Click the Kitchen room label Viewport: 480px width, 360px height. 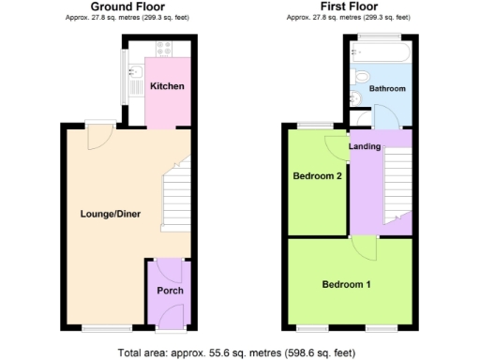click(x=167, y=86)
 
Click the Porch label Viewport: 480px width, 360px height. click(x=170, y=291)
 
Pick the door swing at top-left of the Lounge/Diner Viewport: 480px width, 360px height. click(x=96, y=138)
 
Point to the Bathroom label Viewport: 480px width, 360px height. click(x=386, y=88)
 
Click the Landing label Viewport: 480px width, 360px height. click(x=364, y=147)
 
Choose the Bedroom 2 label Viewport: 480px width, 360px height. click(x=315, y=175)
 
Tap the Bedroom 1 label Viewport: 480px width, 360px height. click(x=346, y=284)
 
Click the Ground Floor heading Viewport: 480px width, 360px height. click(x=122, y=7)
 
